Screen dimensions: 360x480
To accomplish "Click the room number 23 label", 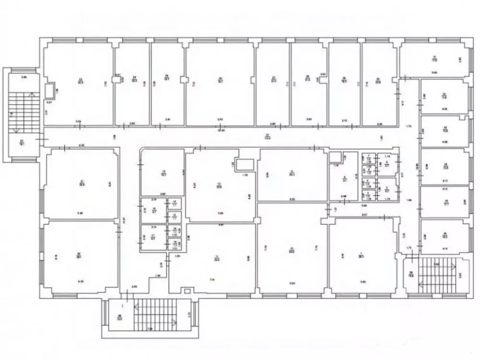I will [x=81, y=79].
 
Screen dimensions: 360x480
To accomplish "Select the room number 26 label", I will [x=220, y=79].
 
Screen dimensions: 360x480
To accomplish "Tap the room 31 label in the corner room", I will [x=434, y=58].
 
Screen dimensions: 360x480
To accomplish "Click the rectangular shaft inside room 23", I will [x=49, y=90].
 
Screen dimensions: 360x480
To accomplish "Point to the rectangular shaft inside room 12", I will [x=243, y=164].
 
